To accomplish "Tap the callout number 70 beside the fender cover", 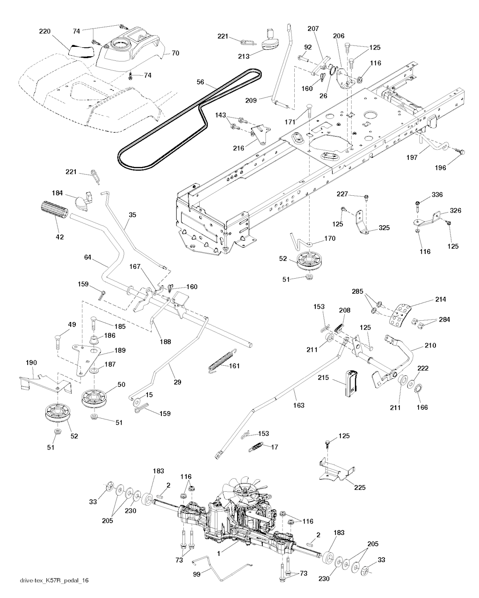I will (x=175, y=53).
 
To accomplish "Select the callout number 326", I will (x=456, y=211).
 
